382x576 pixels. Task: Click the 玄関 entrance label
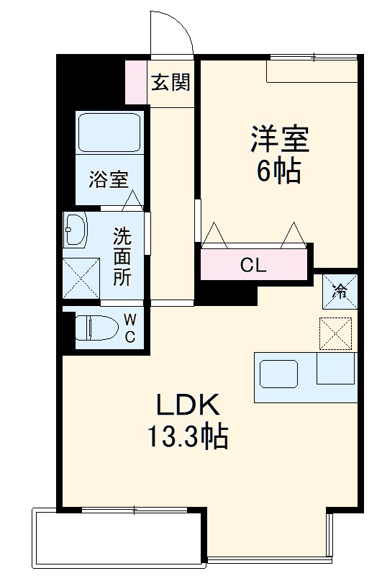170,82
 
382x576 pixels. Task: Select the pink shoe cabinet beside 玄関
135,82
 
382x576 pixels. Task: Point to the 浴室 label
109,179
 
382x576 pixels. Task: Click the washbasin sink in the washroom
75,230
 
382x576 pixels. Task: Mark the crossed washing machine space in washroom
81,277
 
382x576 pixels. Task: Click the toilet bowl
97,328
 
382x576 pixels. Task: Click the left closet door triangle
215,235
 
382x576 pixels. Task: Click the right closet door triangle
294,235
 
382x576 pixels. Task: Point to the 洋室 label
279,139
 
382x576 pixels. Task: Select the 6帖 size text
279,171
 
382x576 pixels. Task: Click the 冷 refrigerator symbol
339,292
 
